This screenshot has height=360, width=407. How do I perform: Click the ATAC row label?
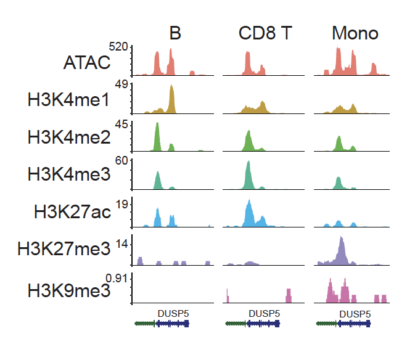click(x=86, y=62)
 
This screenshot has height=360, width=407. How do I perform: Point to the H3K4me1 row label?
click(x=68, y=100)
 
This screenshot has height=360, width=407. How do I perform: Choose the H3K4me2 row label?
click(x=68, y=138)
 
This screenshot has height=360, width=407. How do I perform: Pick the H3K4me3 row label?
click(x=68, y=175)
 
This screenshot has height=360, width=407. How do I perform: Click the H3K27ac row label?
click(x=73, y=213)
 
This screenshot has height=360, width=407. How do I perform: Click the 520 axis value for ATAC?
click(x=118, y=47)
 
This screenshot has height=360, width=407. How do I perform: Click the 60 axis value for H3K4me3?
click(x=120, y=162)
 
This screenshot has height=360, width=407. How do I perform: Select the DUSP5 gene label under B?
click(x=173, y=313)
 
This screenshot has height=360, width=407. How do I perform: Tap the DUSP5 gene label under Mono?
click(x=355, y=313)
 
